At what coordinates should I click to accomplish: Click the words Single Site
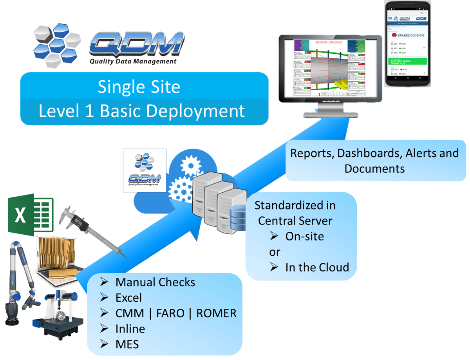tap(139, 87)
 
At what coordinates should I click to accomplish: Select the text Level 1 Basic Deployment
tap(141, 111)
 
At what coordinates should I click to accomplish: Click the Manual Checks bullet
tap(155, 282)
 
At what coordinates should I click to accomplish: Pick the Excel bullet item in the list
tap(128, 298)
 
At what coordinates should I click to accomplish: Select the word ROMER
tap(216, 313)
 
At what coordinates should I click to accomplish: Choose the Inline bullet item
tap(130, 329)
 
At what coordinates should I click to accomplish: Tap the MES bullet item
tap(127, 344)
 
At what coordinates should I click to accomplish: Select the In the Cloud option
tap(317, 267)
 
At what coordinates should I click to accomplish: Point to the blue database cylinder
tap(237, 220)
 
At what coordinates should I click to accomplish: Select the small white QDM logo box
tap(144, 170)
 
